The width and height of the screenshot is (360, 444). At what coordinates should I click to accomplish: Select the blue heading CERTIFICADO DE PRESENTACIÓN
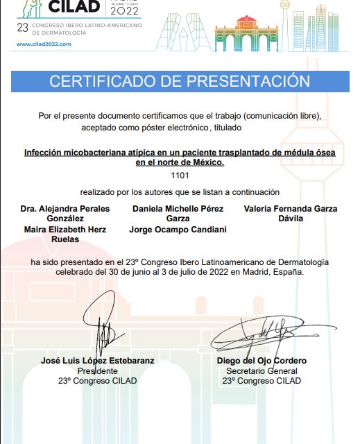[x=179, y=81]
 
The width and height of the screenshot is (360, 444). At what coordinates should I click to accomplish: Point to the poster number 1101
[x=179, y=176]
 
